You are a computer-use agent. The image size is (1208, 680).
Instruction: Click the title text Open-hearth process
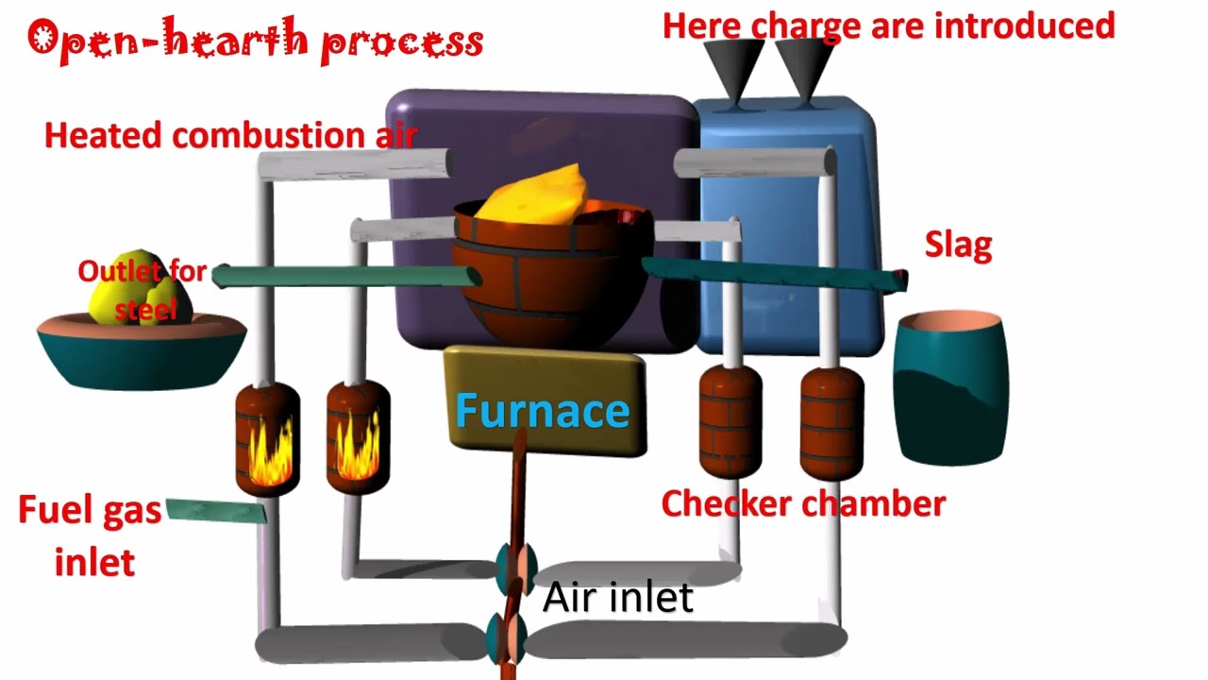click(x=255, y=42)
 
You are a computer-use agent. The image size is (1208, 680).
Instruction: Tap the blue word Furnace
click(x=542, y=411)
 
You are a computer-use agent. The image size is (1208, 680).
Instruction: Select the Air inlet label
click(x=618, y=597)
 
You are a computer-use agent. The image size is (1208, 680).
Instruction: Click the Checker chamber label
click(x=803, y=503)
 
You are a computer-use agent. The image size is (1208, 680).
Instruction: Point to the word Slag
click(x=958, y=246)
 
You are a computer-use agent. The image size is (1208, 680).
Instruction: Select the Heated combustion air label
click(x=230, y=135)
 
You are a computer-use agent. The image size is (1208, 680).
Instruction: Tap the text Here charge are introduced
click(x=888, y=25)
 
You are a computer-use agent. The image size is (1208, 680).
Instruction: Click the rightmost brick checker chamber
click(x=831, y=423)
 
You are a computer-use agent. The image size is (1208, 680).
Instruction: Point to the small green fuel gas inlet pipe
click(x=216, y=511)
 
